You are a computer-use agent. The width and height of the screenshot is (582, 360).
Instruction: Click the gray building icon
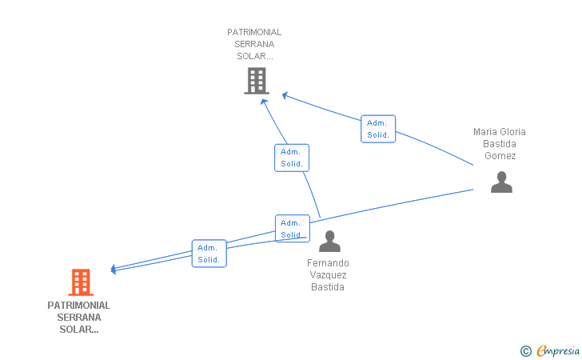point(257,81)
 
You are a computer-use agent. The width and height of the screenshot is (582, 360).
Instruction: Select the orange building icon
point(81,282)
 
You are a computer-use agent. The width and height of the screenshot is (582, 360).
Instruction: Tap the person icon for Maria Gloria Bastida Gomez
point(501,182)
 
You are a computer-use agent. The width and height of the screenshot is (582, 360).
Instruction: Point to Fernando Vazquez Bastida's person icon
point(329,241)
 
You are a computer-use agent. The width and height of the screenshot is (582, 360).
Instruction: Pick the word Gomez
point(500,156)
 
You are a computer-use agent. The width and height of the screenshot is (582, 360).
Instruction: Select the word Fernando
point(328,263)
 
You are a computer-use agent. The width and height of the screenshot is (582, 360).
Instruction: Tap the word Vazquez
point(328,275)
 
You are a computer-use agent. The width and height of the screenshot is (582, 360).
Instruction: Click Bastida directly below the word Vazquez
point(328,287)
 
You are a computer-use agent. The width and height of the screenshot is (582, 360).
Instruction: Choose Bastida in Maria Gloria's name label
point(500,144)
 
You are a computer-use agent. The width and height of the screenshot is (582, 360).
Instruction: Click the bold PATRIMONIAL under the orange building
point(78,306)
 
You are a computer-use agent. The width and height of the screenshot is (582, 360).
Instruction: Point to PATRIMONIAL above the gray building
point(254,32)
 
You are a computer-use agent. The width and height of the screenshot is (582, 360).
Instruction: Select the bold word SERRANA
point(78,318)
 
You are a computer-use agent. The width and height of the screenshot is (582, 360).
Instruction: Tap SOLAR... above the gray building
point(254,56)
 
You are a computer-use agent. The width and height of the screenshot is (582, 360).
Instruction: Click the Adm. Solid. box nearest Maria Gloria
point(378,129)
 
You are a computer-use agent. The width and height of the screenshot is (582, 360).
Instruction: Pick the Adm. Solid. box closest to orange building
point(209,254)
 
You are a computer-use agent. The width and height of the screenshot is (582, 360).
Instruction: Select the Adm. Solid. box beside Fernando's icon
point(293,229)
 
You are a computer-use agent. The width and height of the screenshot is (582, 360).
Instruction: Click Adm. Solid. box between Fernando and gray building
point(292,158)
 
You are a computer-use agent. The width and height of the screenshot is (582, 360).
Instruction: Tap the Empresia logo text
point(558,350)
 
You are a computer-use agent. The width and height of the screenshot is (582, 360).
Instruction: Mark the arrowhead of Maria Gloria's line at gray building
point(285,95)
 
